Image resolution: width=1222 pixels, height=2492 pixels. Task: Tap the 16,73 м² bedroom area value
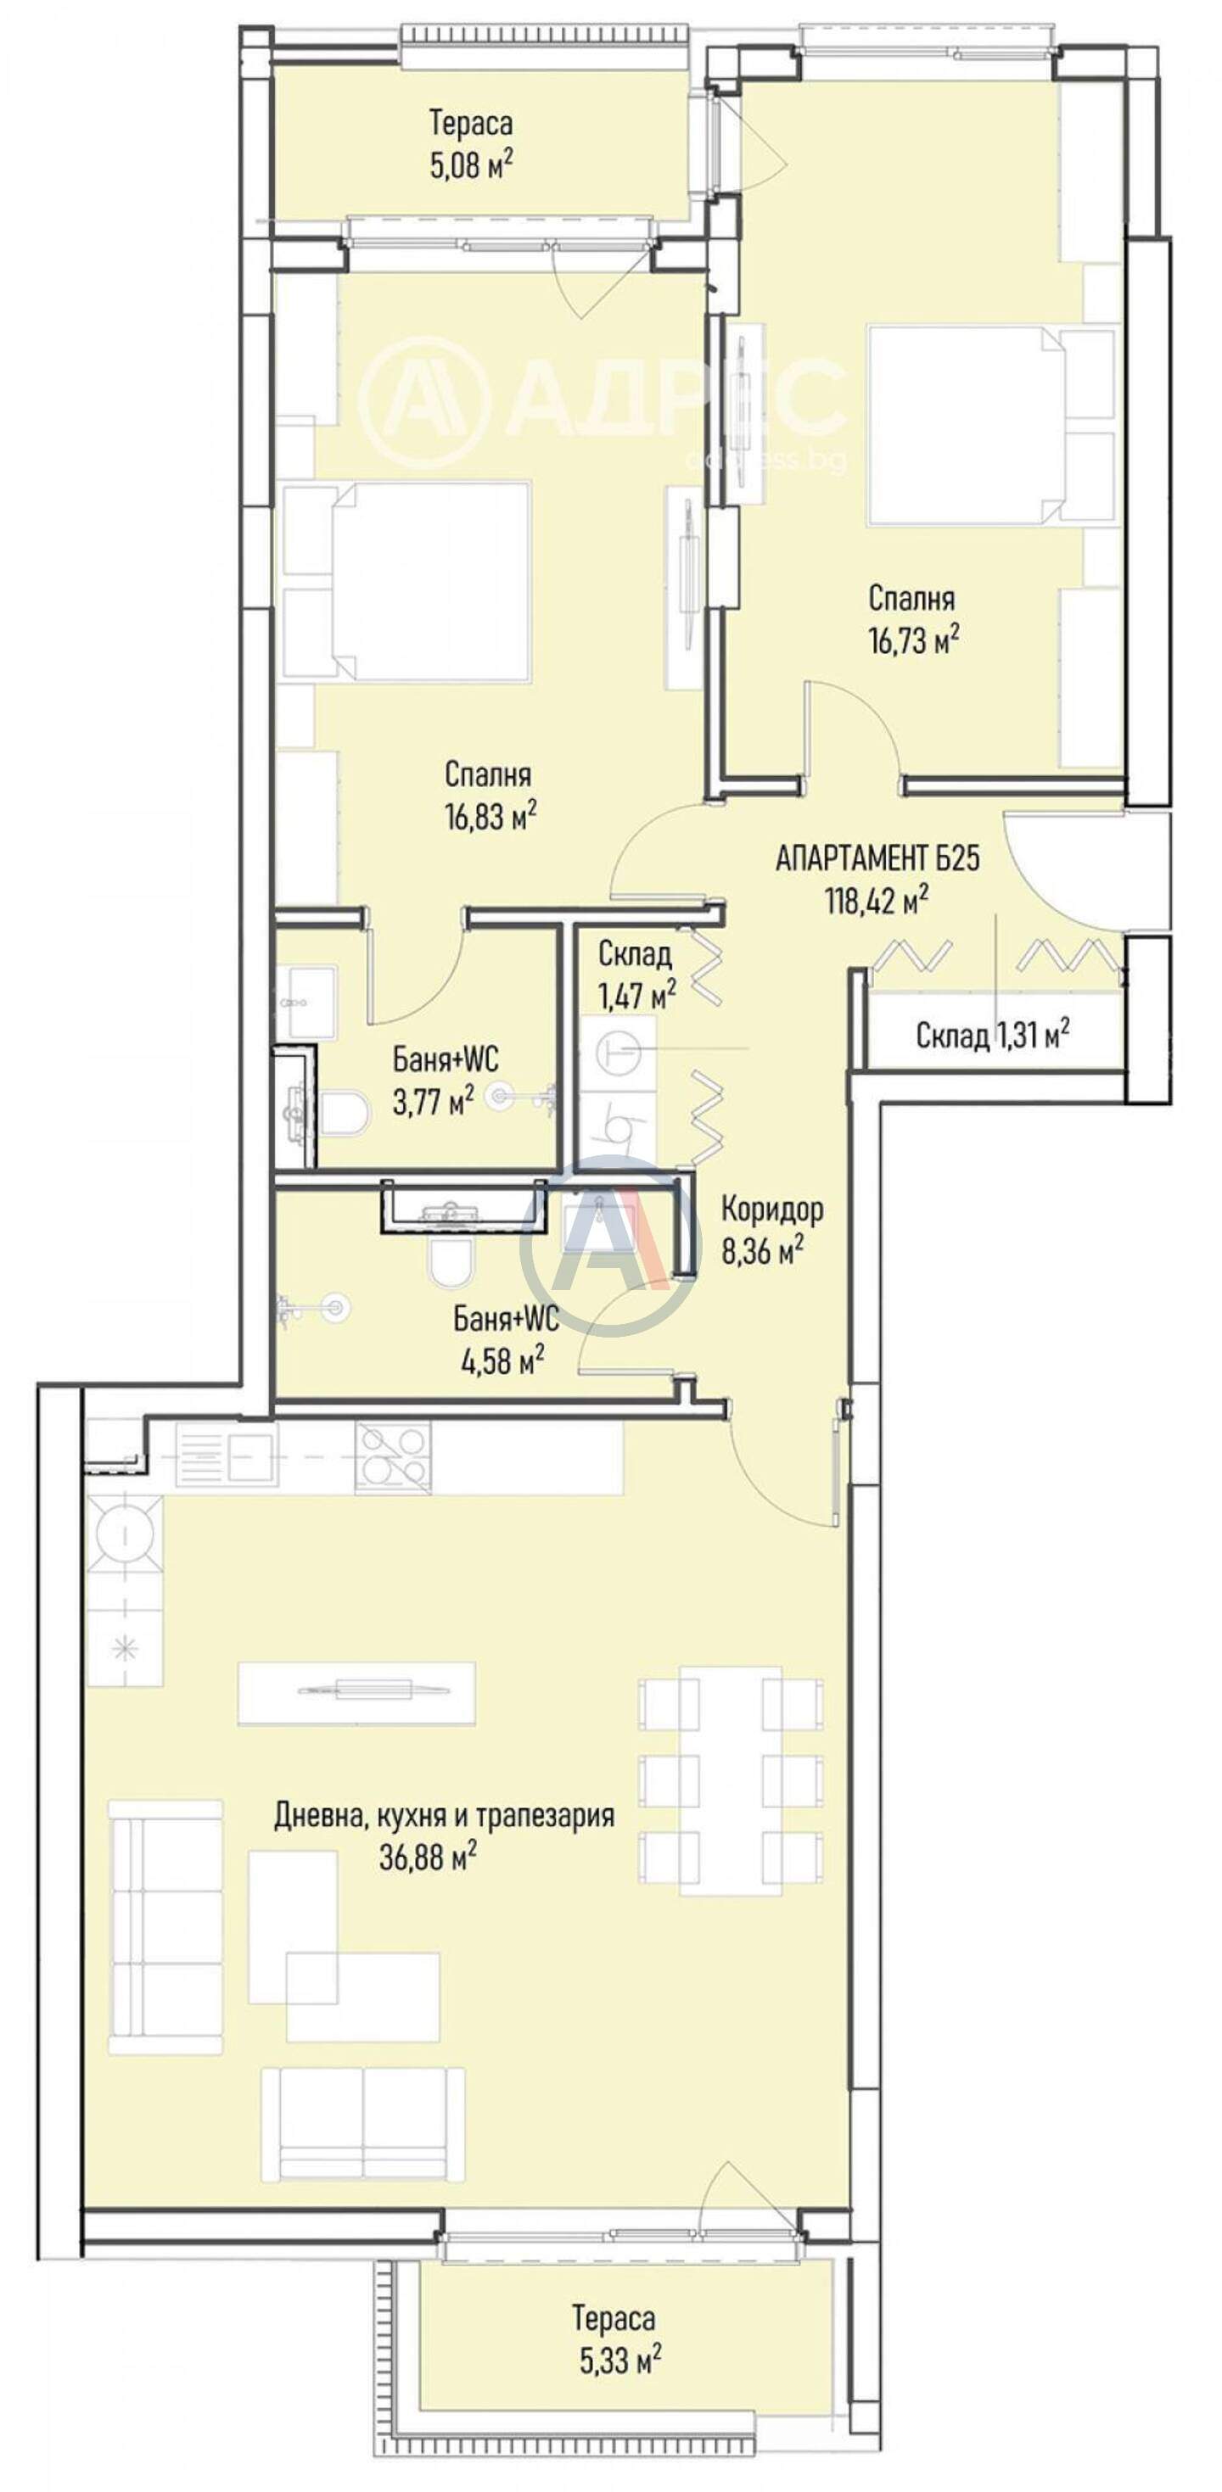pyautogui.click(x=913, y=640)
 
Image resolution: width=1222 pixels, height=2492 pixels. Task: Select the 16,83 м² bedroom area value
pyautogui.click(x=490, y=817)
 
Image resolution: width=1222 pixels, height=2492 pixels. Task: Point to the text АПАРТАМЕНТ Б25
pyautogui.click(x=877, y=858)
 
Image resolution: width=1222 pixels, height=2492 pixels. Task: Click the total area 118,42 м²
pyautogui.click(x=877, y=902)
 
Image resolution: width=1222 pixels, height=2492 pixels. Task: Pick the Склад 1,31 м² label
pyautogui.click(x=993, y=1035)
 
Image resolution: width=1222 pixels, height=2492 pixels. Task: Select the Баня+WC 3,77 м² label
pyautogui.click(x=445, y=1080)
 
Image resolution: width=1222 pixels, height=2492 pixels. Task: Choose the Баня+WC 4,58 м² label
pyautogui.click(x=505, y=1338)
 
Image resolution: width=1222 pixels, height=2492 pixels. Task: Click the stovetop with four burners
pyautogui.click(x=393, y=1456)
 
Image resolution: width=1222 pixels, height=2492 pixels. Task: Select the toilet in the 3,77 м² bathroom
pyautogui.click(x=344, y=1113)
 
